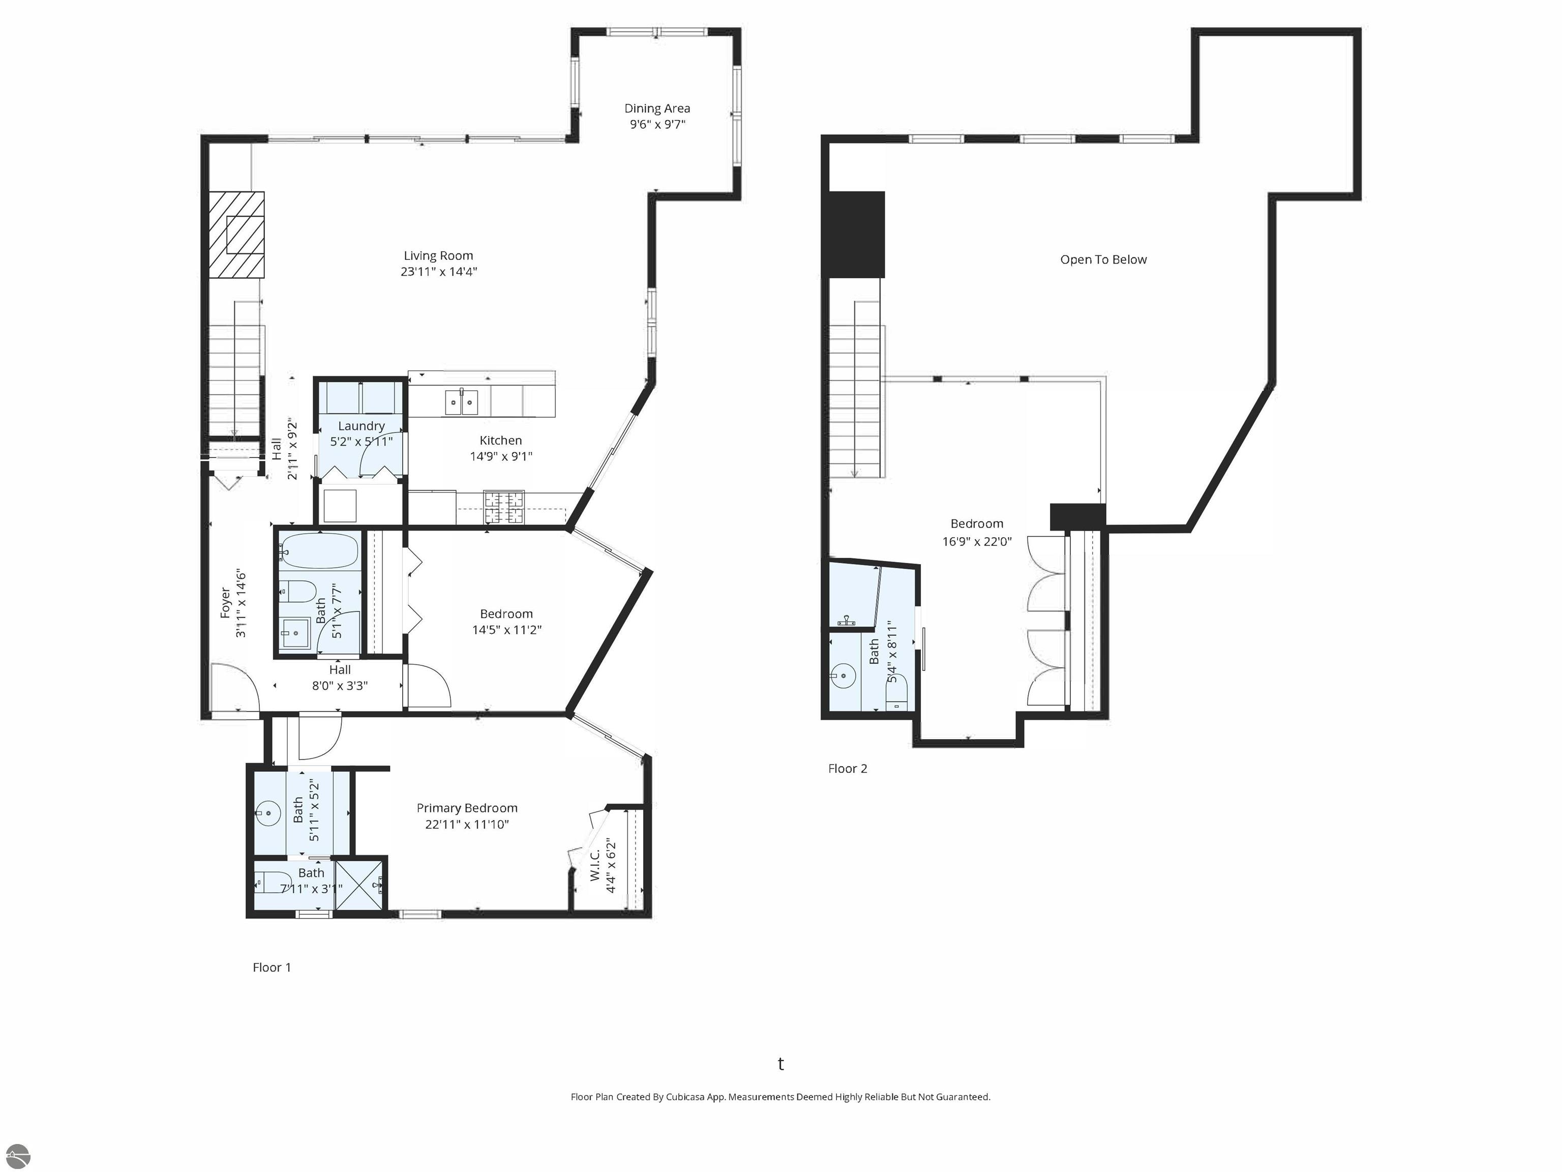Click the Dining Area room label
pyautogui.click(x=657, y=108)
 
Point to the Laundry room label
pyautogui.click(x=361, y=426)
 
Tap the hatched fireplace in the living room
pyautogui.click(x=236, y=235)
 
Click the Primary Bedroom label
pyautogui.click(x=467, y=808)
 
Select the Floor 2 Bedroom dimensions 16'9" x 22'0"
pyautogui.click(x=977, y=542)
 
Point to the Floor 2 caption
pyautogui.click(x=848, y=769)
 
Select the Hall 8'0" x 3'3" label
pyautogui.click(x=340, y=678)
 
